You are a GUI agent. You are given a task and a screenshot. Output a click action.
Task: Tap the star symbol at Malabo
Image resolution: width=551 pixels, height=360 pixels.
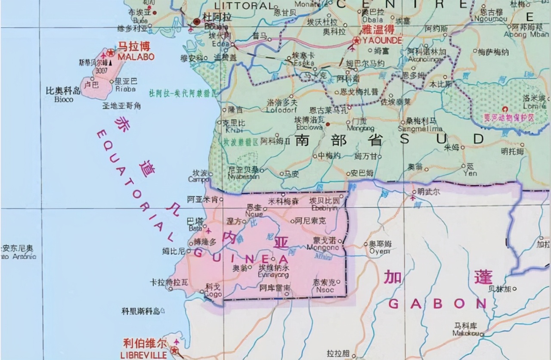(111, 53)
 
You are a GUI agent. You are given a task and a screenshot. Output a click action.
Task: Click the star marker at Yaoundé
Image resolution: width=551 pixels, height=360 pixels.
(356, 41)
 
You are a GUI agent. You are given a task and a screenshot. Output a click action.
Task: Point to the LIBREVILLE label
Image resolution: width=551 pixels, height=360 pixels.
(139, 355)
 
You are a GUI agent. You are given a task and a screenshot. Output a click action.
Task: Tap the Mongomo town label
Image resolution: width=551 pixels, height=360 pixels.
(323, 248)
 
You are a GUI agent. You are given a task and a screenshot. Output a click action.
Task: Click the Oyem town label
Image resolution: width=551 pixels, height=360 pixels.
(380, 251)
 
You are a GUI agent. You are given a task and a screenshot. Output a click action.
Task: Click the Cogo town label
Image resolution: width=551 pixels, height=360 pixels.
(214, 295)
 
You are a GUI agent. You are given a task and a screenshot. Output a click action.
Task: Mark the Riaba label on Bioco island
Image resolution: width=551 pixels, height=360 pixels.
(125, 89)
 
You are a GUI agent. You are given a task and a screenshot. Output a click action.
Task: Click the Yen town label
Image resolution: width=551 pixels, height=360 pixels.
(470, 174)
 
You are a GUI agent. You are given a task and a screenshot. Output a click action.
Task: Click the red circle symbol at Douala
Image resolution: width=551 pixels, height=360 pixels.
(197, 21)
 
